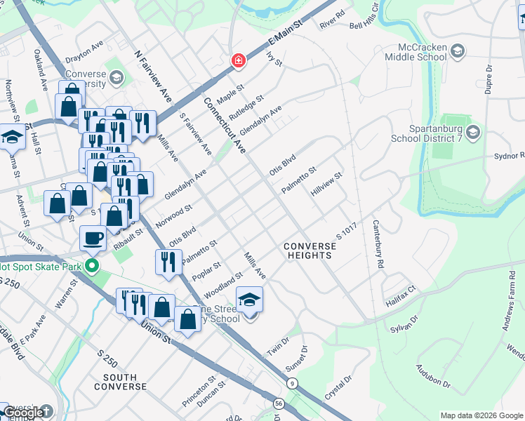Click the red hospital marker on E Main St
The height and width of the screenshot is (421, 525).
239,60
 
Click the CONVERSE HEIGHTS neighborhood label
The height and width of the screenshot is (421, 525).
308,250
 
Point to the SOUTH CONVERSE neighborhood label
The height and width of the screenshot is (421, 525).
120,382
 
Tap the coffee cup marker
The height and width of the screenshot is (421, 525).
93,239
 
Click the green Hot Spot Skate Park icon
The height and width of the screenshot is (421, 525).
91,266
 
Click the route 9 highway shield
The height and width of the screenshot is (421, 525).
291,382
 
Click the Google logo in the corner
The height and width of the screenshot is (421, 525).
25,413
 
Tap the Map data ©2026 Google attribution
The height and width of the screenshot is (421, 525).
481,415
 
